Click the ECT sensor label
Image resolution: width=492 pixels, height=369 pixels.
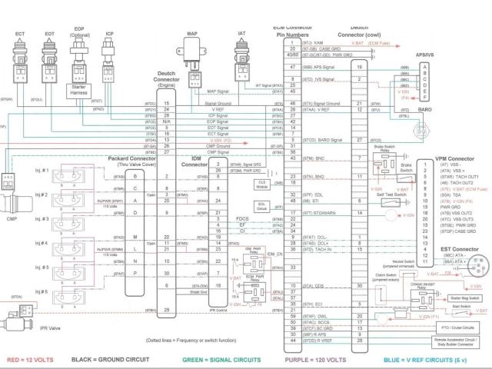click(21, 34)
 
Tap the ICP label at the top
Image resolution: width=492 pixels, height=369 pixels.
click(110, 34)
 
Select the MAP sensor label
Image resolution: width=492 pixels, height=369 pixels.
click(192, 35)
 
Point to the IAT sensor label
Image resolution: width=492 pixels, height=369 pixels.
click(241, 34)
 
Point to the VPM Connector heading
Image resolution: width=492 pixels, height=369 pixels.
click(454, 159)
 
